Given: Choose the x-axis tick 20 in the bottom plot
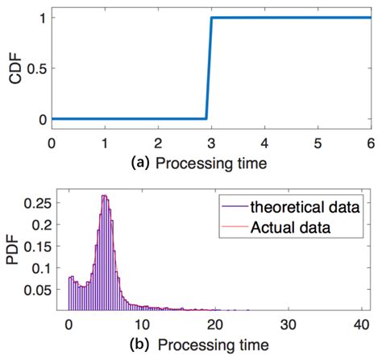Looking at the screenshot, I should click(x=216, y=324).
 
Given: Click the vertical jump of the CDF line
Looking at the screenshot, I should click(x=209, y=68).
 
